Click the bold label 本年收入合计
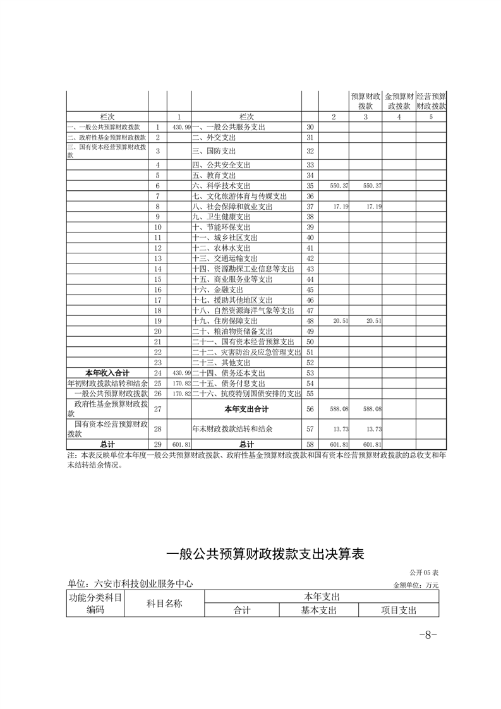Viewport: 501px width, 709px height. click(107, 373)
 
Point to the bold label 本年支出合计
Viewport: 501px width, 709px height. click(246, 409)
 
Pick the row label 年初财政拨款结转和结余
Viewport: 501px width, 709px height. click(107, 383)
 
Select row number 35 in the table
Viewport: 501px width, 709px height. click(310, 186)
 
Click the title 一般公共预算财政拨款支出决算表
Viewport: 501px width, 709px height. click(265, 554)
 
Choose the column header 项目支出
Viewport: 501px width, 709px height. click(398, 610)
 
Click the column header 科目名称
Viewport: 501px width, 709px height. click(164, 603)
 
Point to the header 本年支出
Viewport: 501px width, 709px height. click(322, 597)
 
